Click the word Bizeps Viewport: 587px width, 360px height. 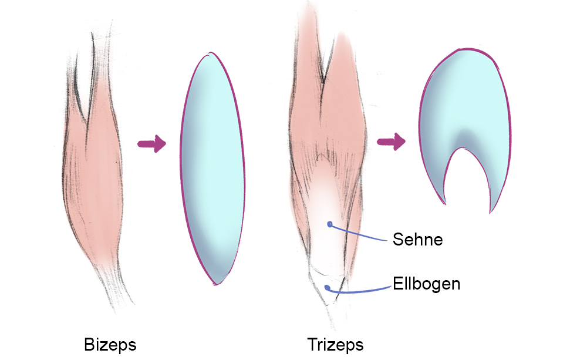coord(110,344)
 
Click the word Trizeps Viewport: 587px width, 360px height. coord(335,344)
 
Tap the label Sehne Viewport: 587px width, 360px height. coord(418,240)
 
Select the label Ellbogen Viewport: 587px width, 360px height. coord(427,284)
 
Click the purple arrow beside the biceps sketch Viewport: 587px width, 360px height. coord(151,144)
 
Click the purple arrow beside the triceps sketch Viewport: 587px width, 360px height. coord(391,142)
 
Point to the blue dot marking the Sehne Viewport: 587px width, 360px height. coord(330,224)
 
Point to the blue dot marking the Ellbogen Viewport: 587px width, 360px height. coord(326,287)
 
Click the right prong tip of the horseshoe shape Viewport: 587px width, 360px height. coord(491,211)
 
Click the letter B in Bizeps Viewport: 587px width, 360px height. coord(89,344)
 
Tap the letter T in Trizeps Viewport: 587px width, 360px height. coord(312,344)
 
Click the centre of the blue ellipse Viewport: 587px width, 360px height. coord(212,169)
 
